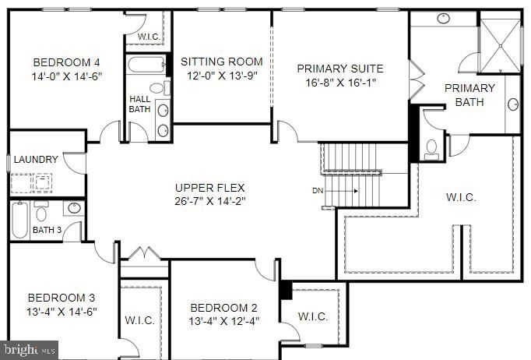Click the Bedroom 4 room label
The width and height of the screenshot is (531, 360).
tap(66, 62)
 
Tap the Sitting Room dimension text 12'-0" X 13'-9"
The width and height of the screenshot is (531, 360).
tap(222, 76)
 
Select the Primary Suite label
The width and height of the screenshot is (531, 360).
tap(340, 69)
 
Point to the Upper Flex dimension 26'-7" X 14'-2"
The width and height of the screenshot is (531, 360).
tap(210, 201)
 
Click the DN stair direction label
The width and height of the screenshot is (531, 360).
tap(318, 191)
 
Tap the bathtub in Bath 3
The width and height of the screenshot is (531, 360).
tap(19, 221)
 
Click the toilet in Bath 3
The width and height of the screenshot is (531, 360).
tap(41, 211)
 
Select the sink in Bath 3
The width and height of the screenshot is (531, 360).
tap(74, 208)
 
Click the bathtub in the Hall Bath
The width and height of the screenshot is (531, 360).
tap(146, 65)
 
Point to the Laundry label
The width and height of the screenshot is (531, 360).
tap(36, 159)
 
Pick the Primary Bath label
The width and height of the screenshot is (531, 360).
tap(469, 95)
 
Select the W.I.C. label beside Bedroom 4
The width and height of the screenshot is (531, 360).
tap(149, 37)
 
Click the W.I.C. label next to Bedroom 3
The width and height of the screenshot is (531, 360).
tap(139, 320)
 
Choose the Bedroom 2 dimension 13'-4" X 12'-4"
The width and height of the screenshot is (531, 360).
tap(224, 321)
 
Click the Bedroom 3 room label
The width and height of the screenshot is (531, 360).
tap(62, 298)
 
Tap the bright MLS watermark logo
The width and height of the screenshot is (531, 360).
tap(30, 350)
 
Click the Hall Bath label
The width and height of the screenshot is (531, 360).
tap(139, 104)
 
